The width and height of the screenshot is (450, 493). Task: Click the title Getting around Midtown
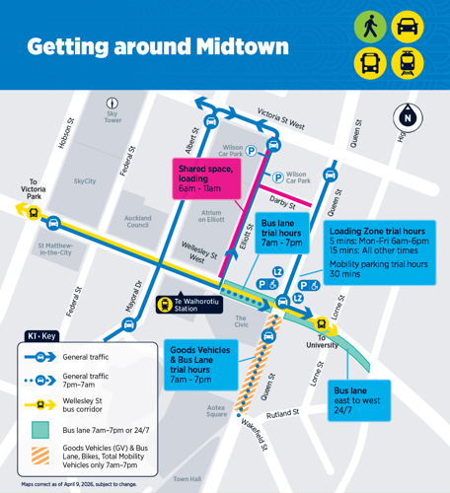tap(157, 46)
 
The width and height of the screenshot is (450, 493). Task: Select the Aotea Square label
tap(216, 410)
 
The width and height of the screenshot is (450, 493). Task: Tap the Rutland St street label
tap(281, 414)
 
